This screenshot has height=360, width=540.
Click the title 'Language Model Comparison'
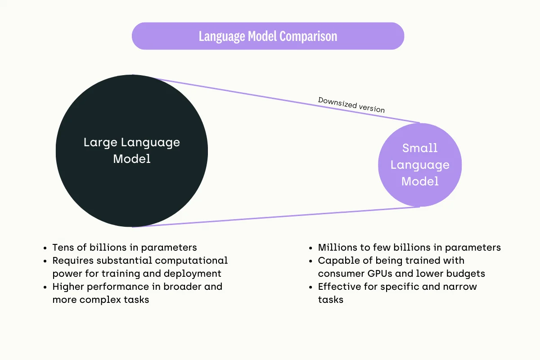coord(268,36)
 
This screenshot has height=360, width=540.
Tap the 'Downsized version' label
coord(351,105)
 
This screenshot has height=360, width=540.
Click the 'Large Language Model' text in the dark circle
coord(132,151)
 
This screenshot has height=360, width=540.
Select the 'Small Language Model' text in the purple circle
coord(420,165)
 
